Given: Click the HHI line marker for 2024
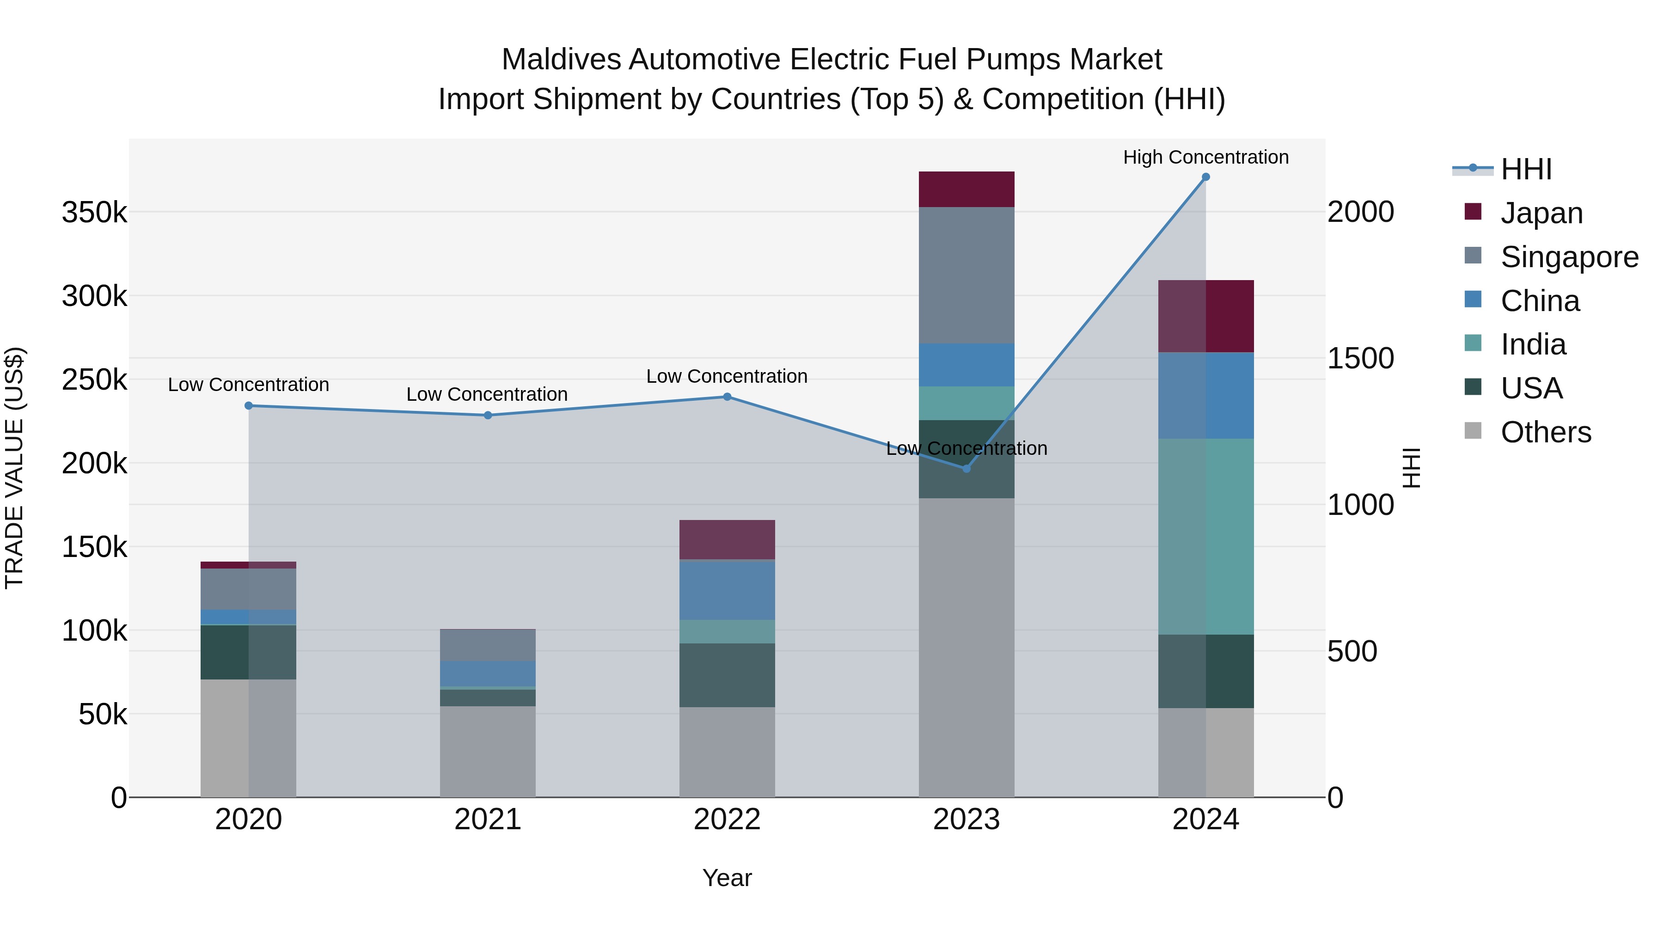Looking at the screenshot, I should point(1205,177).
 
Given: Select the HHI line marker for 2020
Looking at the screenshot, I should point(249,406).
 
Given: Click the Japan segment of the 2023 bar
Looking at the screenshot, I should point(967,189).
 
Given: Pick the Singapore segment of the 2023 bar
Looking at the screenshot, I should point(967,275).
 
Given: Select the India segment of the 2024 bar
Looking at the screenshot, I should point(1205,536).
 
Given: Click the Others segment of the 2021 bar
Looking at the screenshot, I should point(488,751).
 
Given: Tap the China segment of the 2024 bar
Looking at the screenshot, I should point(1205,395).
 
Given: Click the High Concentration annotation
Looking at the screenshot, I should point(1205,157).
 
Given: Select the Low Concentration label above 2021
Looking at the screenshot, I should point(487,394).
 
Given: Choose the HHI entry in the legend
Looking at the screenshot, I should point(1526,169).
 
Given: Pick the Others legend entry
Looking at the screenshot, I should point(1545,432).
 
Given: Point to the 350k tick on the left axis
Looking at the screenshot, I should point(94,212).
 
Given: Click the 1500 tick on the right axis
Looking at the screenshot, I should point(1360,359).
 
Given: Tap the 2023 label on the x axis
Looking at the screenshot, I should point(967,820).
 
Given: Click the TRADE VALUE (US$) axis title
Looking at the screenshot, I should point(14,468).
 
